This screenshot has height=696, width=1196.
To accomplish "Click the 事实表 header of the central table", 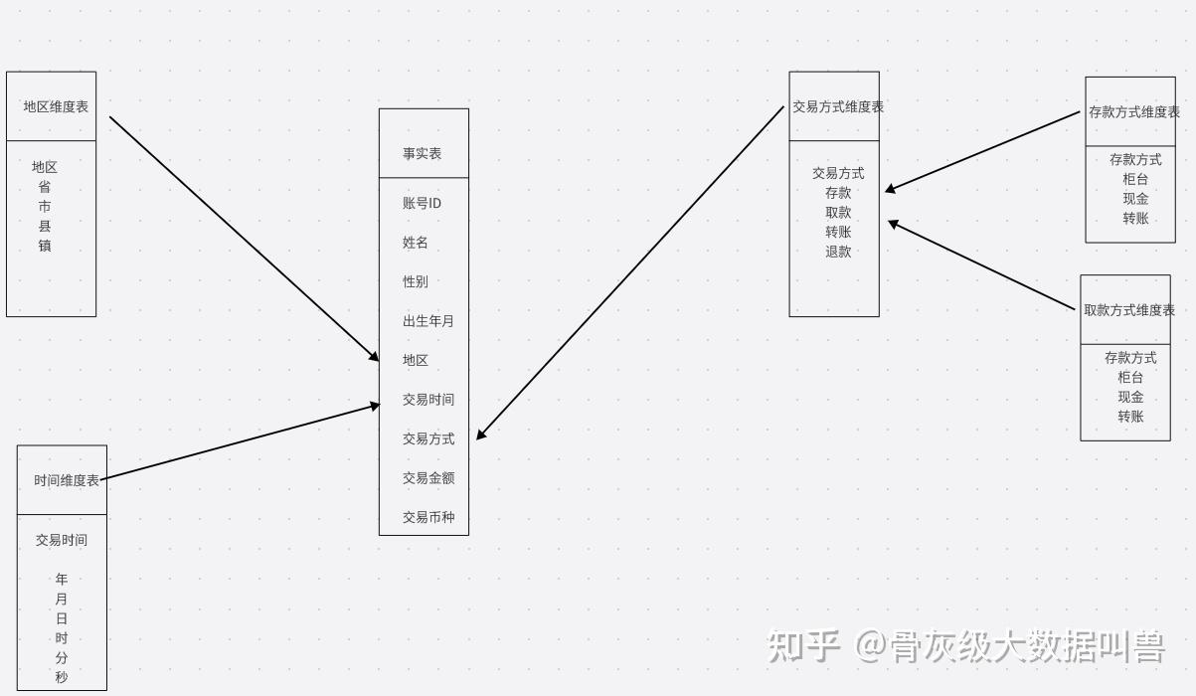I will click(423, 153).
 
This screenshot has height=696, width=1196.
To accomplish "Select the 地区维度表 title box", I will click(56, 106).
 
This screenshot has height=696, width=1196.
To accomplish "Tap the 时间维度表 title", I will click(66, 480).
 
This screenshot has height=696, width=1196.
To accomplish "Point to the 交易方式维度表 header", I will click(837, 106).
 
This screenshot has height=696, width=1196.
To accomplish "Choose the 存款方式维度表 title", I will click(1133, 112).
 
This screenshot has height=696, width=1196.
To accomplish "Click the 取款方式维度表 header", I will click(1128, 310).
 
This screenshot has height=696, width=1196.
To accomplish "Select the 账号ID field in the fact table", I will click(422, 203).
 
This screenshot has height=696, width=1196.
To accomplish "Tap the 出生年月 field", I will click(427, 321).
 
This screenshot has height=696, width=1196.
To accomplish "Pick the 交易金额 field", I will click(427, 478).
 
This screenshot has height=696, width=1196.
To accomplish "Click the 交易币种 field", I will click(427, 517).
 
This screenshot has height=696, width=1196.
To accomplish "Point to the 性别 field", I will click(416, 281).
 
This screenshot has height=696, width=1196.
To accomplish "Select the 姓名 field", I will click(416, 243).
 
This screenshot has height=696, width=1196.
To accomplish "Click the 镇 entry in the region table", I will click(45, 246).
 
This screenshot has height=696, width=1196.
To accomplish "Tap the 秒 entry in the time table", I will click(62, 677).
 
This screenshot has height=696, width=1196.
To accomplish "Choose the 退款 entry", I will click(838, 252).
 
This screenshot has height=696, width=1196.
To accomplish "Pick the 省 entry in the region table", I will click(45, 187).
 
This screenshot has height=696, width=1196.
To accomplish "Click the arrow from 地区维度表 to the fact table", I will click(244, 239).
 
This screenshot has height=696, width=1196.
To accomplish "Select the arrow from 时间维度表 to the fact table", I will click(239, 441).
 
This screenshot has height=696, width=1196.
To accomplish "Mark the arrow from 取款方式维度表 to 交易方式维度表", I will click(982, 265).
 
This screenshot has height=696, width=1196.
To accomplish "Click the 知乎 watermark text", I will click(803, 646).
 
